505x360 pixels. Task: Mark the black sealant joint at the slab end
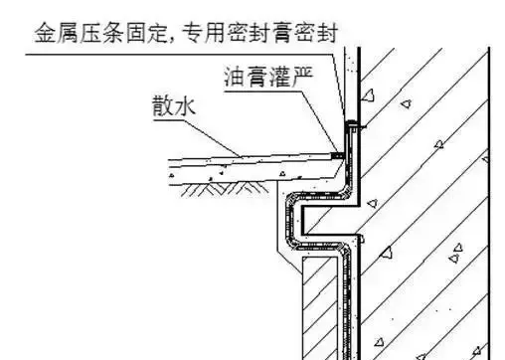pyautogui.click(x=339, y=156)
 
